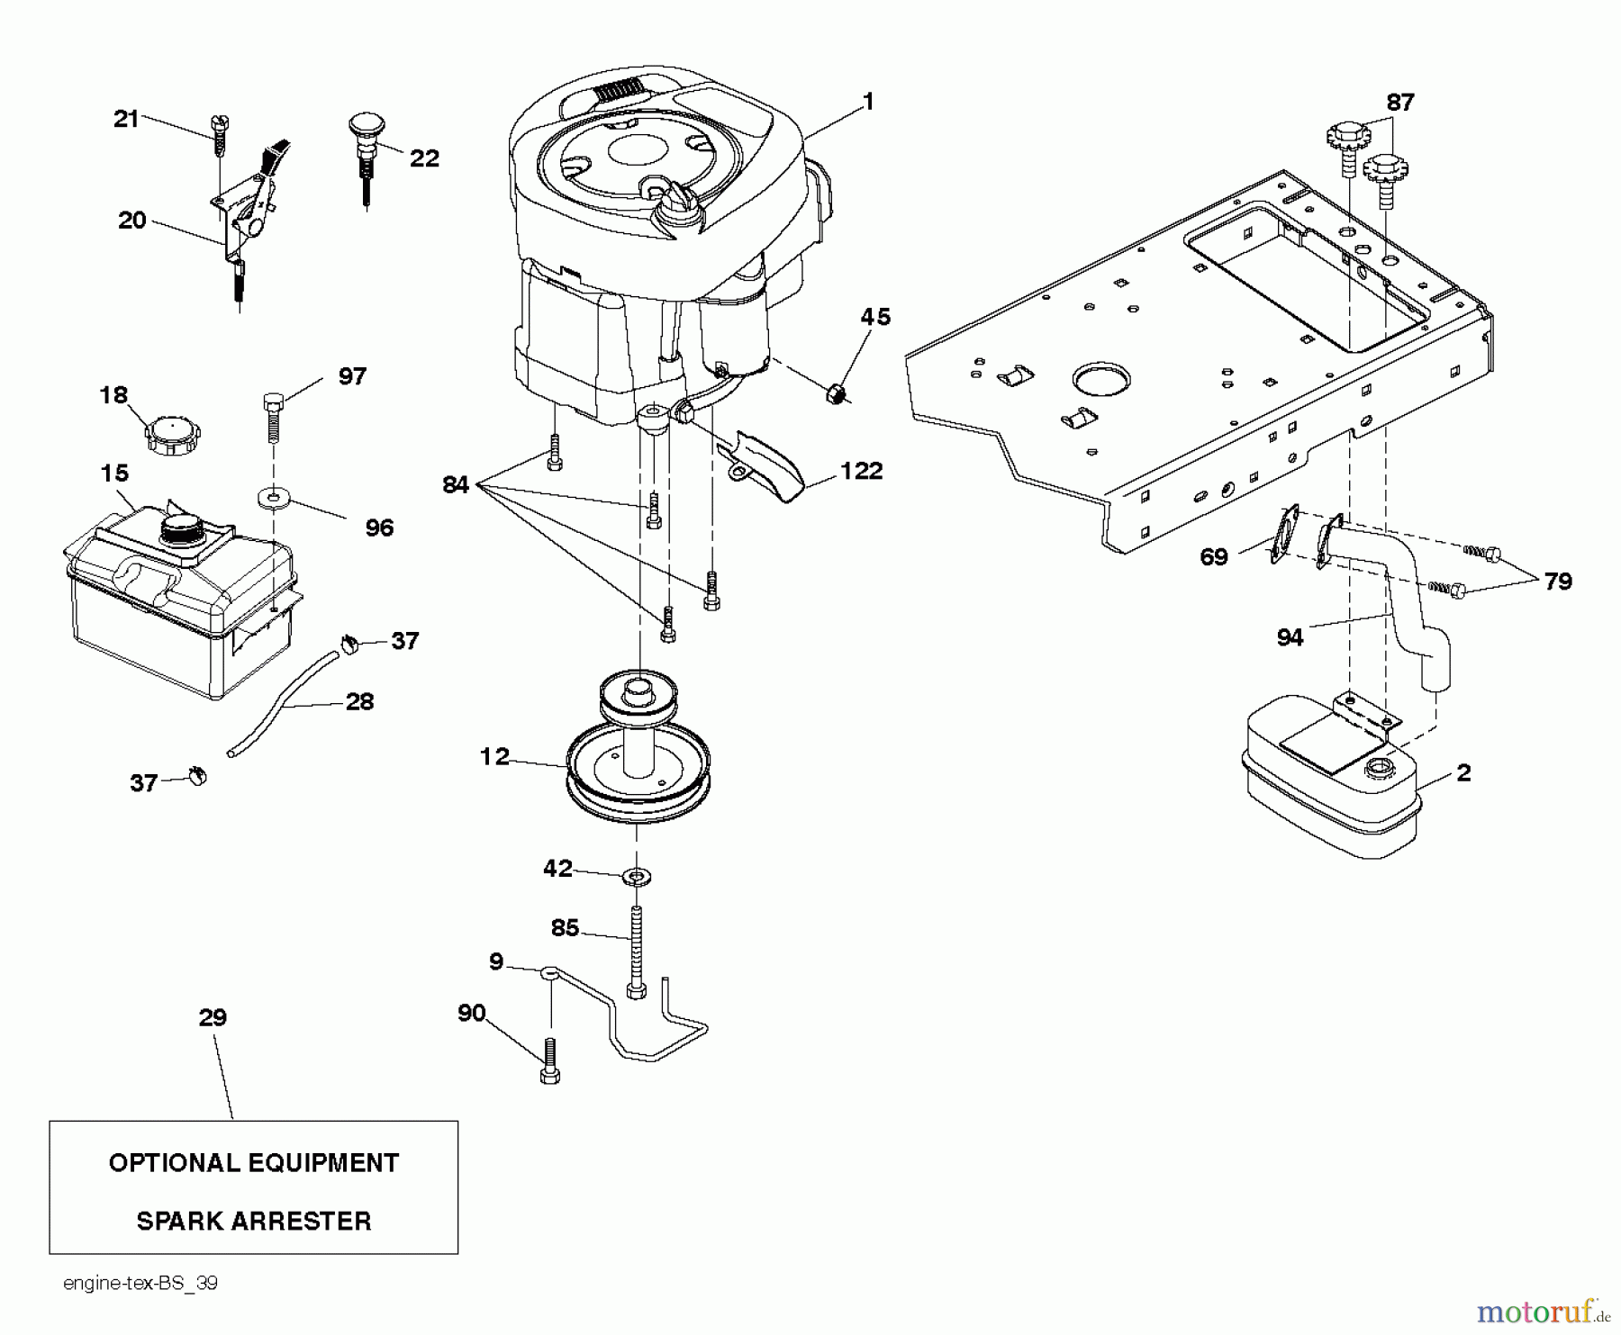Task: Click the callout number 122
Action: pyautogui.click(x=861, y=471)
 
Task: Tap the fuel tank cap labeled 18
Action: pyautogui.click(x=172, y=436)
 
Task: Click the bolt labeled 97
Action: pyautogui.click(x=273, y=417)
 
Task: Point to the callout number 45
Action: pyautogui.click(x=874, y=317)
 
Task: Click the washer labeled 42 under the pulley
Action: pyautogui.click(x=637, y=875)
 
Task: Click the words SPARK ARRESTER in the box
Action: pyautogui.click(x=253, y=1221)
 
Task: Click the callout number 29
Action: pyautogui.click(x=213, y=1017)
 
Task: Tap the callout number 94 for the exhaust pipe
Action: pyautogui.click(x=1290, y=637)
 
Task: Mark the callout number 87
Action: pyautogui.click(x=1399, y=103)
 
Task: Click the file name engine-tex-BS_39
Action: pyautogui.click(x=140, y=1283)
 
